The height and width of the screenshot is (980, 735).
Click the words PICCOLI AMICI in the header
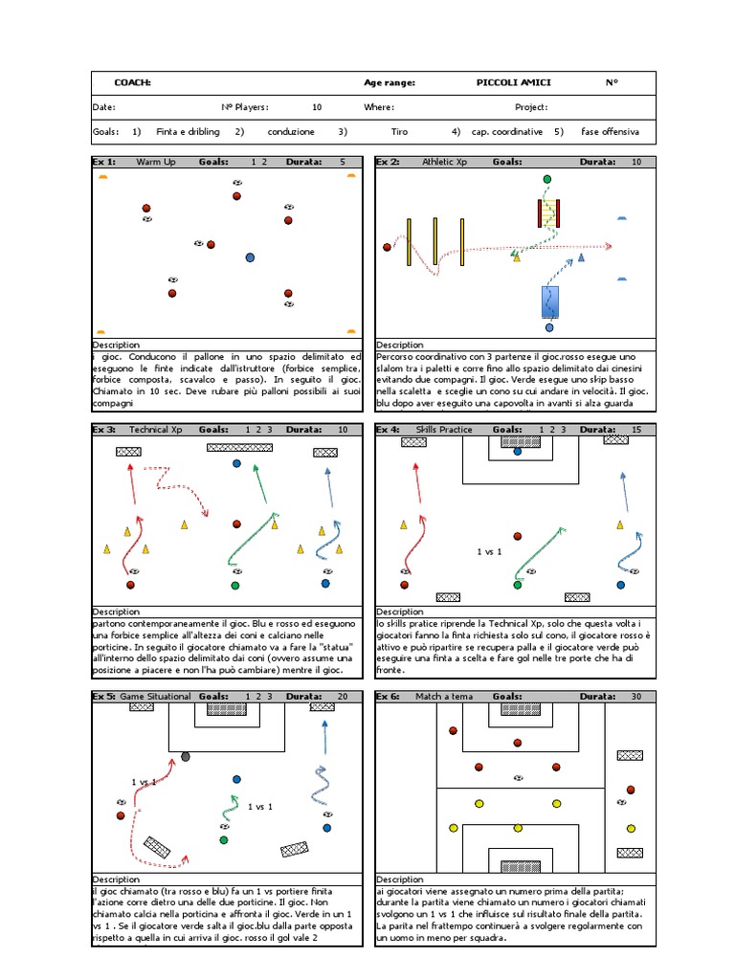pos(513,82)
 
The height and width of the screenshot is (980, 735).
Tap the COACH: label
pos(132,82)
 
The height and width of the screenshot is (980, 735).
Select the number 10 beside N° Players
pos(317,108)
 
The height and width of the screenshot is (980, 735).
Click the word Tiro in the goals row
pos(399,132)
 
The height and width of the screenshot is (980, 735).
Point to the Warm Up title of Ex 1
pos(156,162)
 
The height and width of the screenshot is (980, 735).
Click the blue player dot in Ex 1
pos(250,257)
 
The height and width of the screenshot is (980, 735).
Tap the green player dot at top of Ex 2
pos(546,179)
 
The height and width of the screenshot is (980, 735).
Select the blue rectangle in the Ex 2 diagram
pos(549,301)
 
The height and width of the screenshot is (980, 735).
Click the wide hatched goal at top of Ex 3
pos(239,447)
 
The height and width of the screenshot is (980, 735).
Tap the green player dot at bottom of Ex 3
pos(234,585)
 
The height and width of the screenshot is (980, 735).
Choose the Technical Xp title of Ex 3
pos(155,430)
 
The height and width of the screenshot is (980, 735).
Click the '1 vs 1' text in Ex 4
pos(489,552)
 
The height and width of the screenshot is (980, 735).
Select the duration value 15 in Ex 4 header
pos(636,430)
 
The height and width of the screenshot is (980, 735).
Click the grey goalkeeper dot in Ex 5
pos(186,757)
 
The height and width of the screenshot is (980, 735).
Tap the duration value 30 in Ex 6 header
pos(636,697)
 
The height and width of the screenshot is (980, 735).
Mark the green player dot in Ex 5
pos(224,839)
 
